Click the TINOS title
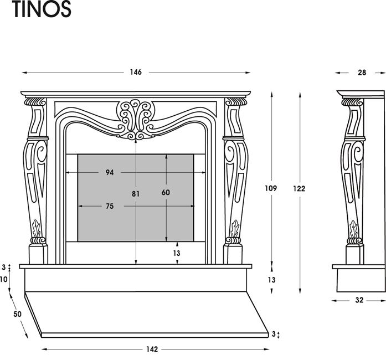click(x=42, y=9)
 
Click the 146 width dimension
click(x=136, y=72)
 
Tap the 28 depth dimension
click(x=362, y=73)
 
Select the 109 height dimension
click(x=271, y=188)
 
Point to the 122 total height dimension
click(x=299, y=189)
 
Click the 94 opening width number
click(x=110, y=172)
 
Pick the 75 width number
click(x=110, y=206)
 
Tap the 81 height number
click(x=136, y=194)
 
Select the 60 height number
click(x=166, y=192)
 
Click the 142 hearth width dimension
click(x=152, y=349)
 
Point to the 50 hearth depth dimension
click(x=18, y=314)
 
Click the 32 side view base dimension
click(x=359, y=300)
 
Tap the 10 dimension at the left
click(x=4, y=279)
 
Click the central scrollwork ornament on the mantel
click(x=136, y=120)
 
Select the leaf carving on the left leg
click(x=37, y=229)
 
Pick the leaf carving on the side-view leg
click(x=354, y=229)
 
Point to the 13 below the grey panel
click(x=177, y=253)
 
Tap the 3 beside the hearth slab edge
click(x=274, y=334)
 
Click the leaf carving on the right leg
click(x=235, y=229)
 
